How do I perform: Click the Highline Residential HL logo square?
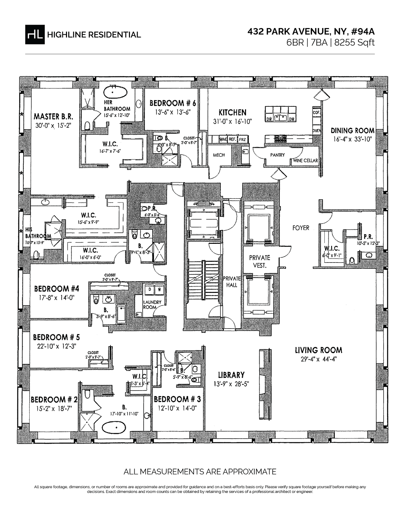tap(35, 34)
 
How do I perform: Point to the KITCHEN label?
tap(232, 113)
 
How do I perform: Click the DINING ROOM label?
tap(352, 130)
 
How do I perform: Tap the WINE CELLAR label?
tap(305, 161)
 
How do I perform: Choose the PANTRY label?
tap(277, 155)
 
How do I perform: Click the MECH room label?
tap(219, 155)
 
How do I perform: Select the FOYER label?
tap(301, 228)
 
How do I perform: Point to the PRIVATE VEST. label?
tap(259, 262)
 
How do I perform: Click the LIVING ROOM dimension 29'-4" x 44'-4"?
tap(318, 359)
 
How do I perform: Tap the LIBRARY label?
tap(231, 375)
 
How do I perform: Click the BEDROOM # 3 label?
tap(177, 399)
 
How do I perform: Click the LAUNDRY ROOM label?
tap(152, 305)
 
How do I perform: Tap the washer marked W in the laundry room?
tap(160, 290)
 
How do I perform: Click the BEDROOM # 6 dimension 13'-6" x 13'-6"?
tap(172, 112)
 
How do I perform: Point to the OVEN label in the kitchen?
tap(317, 130)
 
